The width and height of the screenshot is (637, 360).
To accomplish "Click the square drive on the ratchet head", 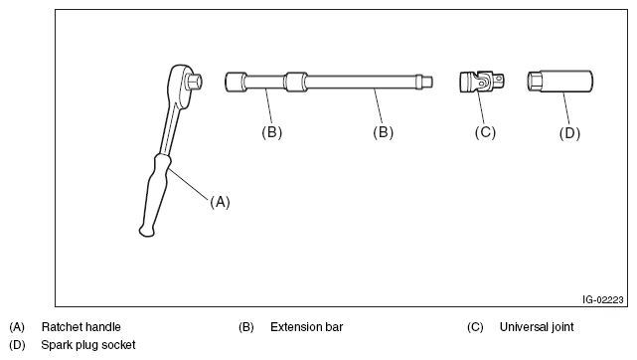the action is click(194, 82).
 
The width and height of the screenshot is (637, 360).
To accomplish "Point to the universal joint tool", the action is click(483, 82).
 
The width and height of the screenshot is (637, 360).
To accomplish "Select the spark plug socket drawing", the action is click(559, 82).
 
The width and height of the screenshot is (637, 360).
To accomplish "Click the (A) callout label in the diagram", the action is click(220, 202).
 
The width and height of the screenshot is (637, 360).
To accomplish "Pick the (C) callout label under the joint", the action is click(485, 132).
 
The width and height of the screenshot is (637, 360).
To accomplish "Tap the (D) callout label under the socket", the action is click(569, 133).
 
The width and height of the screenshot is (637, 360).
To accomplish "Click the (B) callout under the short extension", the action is click(271, 132).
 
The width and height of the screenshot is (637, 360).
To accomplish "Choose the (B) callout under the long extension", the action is click(383, 132).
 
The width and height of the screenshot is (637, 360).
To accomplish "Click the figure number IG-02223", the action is click(603, 300).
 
